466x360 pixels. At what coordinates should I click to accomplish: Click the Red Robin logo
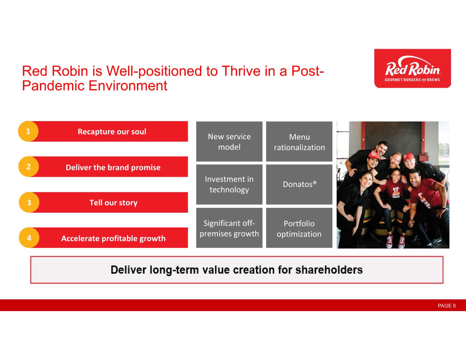[412, 68]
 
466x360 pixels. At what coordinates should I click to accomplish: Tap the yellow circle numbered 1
[28, 131]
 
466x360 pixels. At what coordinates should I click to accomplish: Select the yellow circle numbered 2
[29, 167]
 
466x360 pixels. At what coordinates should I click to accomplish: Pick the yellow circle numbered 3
[29, 202]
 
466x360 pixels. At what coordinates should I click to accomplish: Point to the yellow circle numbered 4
[29, 237]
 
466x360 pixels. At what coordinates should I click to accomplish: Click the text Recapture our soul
[112, 132]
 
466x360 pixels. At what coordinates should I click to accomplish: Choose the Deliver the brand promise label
[113, 167]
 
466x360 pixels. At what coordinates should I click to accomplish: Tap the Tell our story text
[113, 203]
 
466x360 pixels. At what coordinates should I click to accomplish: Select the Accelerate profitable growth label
[113, 238]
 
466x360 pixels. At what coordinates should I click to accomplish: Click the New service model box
[229, 141]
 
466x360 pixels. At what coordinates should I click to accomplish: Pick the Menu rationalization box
[299, 141]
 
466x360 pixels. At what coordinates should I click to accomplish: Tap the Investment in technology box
[229, 185]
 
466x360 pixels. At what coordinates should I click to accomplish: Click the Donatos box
[299, 185]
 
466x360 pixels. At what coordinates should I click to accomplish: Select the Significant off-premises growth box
[229, 228]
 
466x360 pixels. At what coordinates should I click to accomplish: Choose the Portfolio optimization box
[299, 228]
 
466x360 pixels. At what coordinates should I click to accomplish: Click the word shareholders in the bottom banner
[329, 270]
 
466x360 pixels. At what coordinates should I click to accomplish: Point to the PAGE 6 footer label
[447, 306]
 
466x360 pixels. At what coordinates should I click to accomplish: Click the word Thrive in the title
[241, 71]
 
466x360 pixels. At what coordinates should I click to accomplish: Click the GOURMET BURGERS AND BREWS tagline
[412, 80]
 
